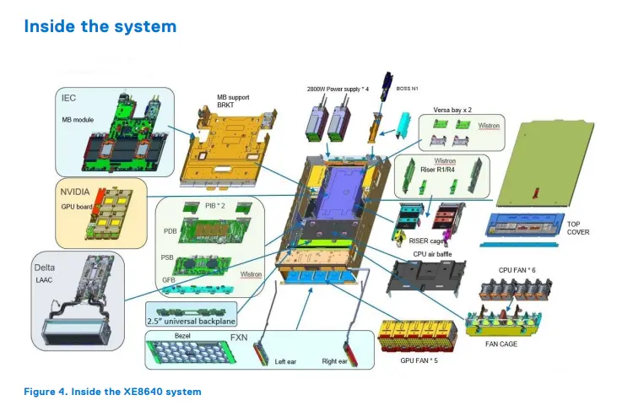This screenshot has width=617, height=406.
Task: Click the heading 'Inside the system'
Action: pos(100,26)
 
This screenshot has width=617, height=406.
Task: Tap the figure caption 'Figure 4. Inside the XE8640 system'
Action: pos(113,392)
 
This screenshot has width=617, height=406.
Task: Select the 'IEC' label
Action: pos(69,98)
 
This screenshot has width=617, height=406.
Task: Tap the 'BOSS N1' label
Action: pos(409,88)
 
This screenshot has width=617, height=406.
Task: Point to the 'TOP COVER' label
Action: pos(578,228)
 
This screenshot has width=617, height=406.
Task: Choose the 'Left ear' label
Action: pos(288,362)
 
